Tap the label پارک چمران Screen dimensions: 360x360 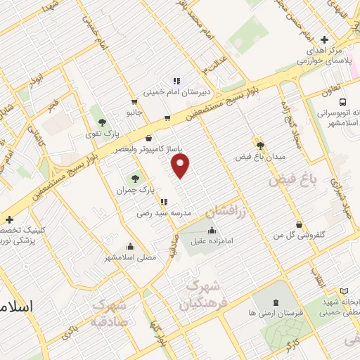[135, 191]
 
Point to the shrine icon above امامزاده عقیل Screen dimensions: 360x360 [212, 229]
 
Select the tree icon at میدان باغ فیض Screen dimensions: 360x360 [260, 146]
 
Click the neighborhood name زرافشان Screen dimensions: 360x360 [229, 211]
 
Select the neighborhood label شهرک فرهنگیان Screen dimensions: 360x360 [201, 296]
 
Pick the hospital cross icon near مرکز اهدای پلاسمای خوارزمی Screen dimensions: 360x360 [323, 40]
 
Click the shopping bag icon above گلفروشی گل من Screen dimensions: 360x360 [300, 225]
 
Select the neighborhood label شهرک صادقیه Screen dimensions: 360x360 [109, 314]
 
